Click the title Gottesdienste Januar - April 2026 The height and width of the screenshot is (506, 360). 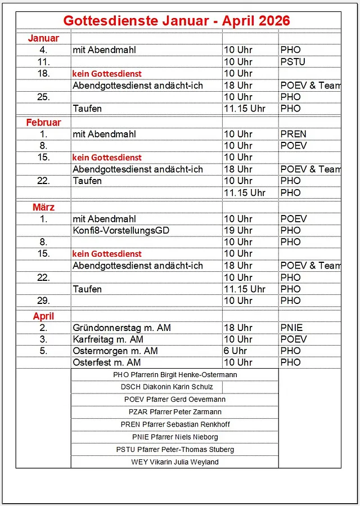pos(177,21)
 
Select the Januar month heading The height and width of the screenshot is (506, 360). pos(43,38)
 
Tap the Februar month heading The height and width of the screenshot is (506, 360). pos(43,122)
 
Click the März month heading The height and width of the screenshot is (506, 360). pos(43,207)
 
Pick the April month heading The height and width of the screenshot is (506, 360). pos(43,316)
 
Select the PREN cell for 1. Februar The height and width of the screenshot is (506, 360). pos(293,134)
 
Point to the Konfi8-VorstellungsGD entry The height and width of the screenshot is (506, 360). pos(121,230)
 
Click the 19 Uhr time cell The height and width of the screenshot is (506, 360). pos(238,230)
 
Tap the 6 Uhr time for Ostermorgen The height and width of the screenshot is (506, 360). pos(236,351)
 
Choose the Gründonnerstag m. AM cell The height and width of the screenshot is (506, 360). pos(121,328)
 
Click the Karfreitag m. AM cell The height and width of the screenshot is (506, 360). pos(108,339)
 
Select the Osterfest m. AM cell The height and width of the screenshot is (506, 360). pos(107,362)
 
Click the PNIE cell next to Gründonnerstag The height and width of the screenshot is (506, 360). pos(291,328)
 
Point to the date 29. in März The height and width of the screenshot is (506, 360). pos(43,301)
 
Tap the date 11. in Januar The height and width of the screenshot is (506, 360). pos(43,61)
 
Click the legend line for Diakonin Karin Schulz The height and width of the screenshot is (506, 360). pos(166,387)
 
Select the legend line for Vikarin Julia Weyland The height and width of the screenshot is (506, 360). pos(175,462)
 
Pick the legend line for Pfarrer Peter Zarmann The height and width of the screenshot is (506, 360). pos(175,412)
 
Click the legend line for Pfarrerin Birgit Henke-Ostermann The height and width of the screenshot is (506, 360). pos(175,374)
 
